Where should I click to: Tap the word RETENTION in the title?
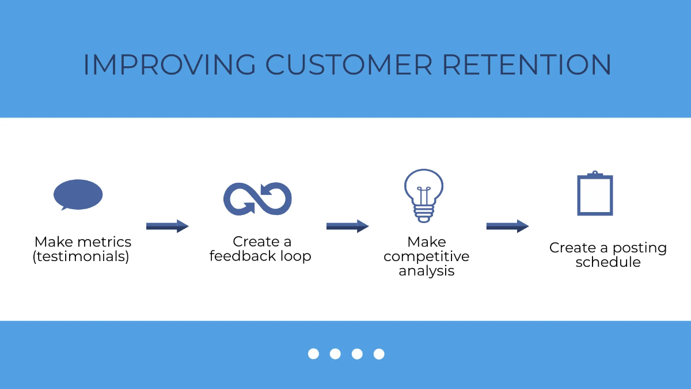(526, 65)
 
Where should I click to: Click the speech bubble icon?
(78, 194)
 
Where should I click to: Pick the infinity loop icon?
(257, 199)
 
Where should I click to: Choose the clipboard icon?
(595, 194)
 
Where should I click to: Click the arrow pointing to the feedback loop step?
(167, 226)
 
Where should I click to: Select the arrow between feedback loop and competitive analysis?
(347, 226)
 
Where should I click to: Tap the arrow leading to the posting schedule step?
(507, 226)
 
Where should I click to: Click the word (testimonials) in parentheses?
(81, 256)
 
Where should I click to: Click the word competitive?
(426, 256)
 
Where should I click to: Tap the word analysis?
(426, 271)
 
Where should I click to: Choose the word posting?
(639, 248)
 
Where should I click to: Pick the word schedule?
(608, 263)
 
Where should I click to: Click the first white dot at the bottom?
(313, 354)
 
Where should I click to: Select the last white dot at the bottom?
(379, 354)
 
